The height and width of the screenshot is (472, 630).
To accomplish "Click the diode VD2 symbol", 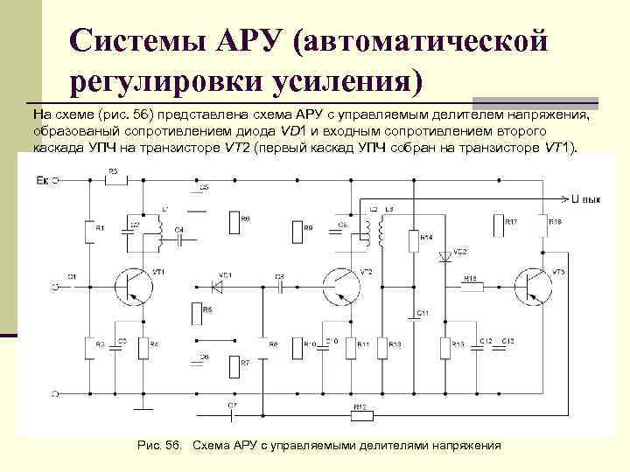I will tap(444, 255).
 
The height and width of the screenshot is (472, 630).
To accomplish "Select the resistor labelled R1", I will tap(88, 232).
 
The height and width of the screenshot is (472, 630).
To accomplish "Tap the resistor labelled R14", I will tap(412, 239).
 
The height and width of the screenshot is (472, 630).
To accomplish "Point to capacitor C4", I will tap(178, 235).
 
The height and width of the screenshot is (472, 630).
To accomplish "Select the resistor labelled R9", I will tap(292, 232).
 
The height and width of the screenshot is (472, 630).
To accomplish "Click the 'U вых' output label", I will tap(585, 199).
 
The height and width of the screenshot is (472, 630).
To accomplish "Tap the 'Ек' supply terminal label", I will tap(41, 180).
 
